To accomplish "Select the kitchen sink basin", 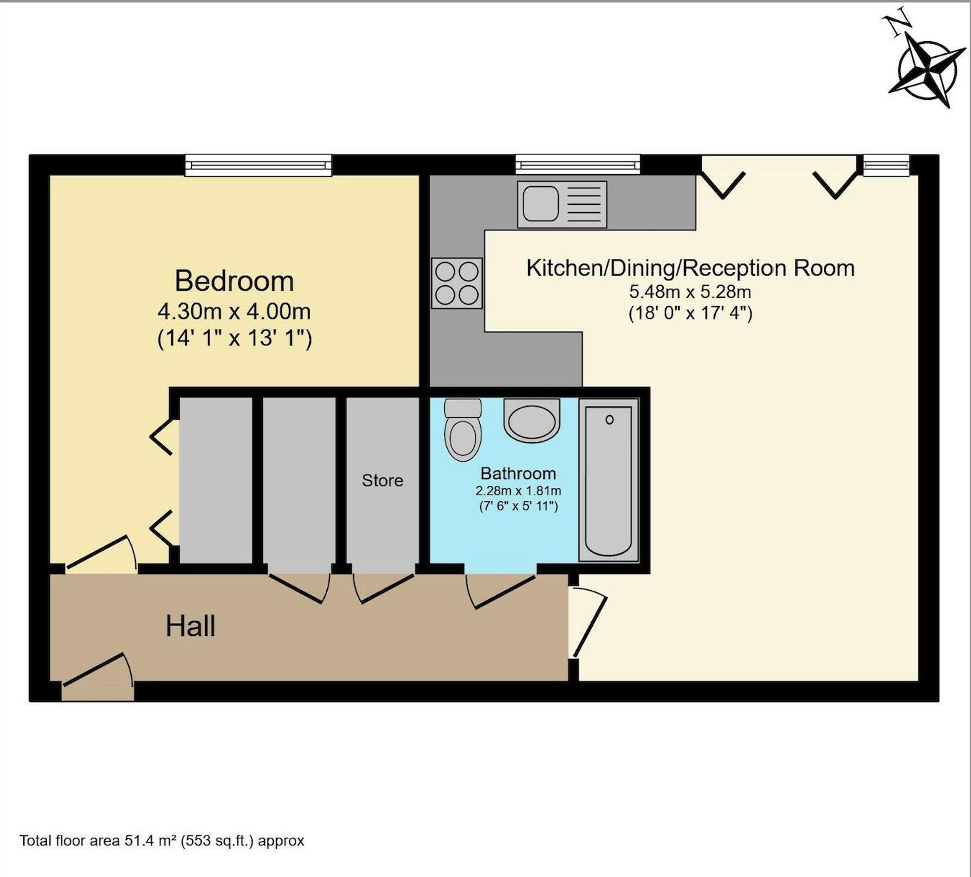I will (539, 204).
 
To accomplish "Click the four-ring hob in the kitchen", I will (457, 283).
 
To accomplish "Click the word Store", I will (383, 480).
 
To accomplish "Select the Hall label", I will (190, 626).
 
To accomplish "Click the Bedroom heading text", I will (234, 281).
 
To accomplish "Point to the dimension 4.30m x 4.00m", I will (234, 311).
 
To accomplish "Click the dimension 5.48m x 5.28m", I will (690, 292).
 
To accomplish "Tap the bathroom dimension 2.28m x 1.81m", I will (518, 490).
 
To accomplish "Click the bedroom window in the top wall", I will (258, 165).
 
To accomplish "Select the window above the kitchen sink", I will (578, 164).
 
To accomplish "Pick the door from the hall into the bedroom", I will (101, 554).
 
